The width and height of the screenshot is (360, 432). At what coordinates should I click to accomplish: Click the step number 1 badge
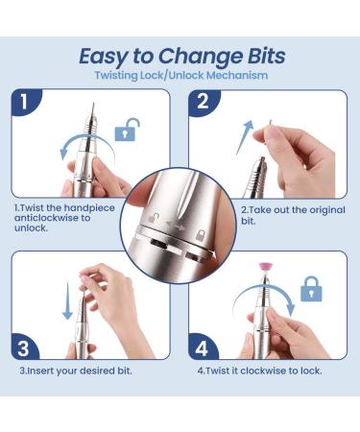[24, 102]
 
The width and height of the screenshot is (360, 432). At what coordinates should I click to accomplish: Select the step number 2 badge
[203, 102]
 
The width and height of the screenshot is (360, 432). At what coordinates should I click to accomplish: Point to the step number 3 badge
[23, 348]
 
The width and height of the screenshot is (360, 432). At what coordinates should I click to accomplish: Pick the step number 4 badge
[202, 348]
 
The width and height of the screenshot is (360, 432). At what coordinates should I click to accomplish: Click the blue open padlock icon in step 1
[127, 130]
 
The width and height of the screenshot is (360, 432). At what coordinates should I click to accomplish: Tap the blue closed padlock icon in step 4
[311, 289]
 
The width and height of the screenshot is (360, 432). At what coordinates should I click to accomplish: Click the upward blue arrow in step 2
[245, 137]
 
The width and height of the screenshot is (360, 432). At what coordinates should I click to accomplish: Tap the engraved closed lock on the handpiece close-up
[201, 235]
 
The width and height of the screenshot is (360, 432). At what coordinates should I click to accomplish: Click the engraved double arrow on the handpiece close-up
[176, 226]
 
